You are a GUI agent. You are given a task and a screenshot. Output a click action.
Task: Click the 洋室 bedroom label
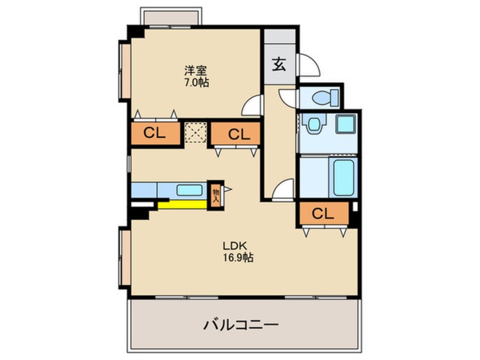(x=196, y=70)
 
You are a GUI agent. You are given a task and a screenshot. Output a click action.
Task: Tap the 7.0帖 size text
(x=196, y=82)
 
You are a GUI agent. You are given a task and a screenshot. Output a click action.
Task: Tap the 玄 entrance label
(x=279, y=64)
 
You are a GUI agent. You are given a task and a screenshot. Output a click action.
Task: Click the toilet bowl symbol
(x=324, y=98)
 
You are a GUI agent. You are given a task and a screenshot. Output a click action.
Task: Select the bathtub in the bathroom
(x=343, y=177)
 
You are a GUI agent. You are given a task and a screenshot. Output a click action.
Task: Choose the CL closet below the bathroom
(x=322, y=214)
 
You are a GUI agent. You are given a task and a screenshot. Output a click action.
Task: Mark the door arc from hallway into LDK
(x=284, y=190)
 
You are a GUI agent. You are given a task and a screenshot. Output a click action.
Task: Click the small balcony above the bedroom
(x=170, y=16)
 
